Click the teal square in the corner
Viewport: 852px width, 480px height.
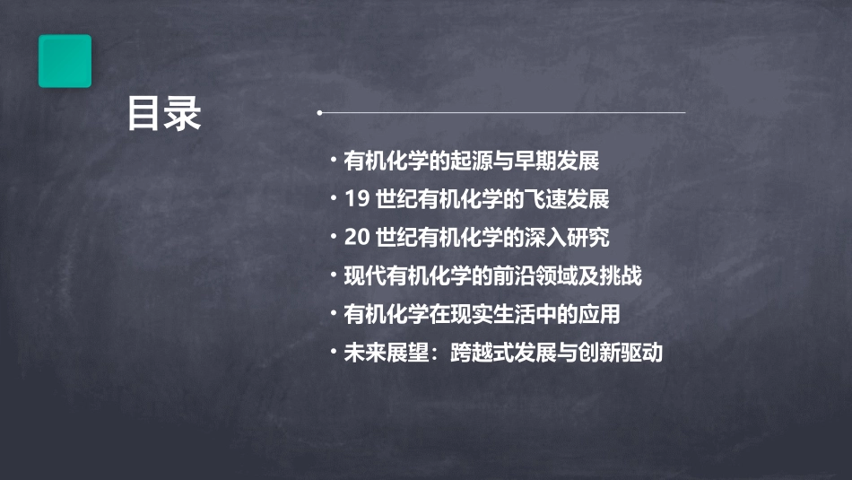tap(65, 61)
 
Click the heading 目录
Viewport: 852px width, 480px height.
tap(164, 114)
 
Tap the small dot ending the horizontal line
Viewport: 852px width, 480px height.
tap(320, 113)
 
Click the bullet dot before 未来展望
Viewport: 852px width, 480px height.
tap(334, 352)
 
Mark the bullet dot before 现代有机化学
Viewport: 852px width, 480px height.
tap(334, 275)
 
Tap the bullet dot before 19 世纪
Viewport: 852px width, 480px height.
tap(334, 198)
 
